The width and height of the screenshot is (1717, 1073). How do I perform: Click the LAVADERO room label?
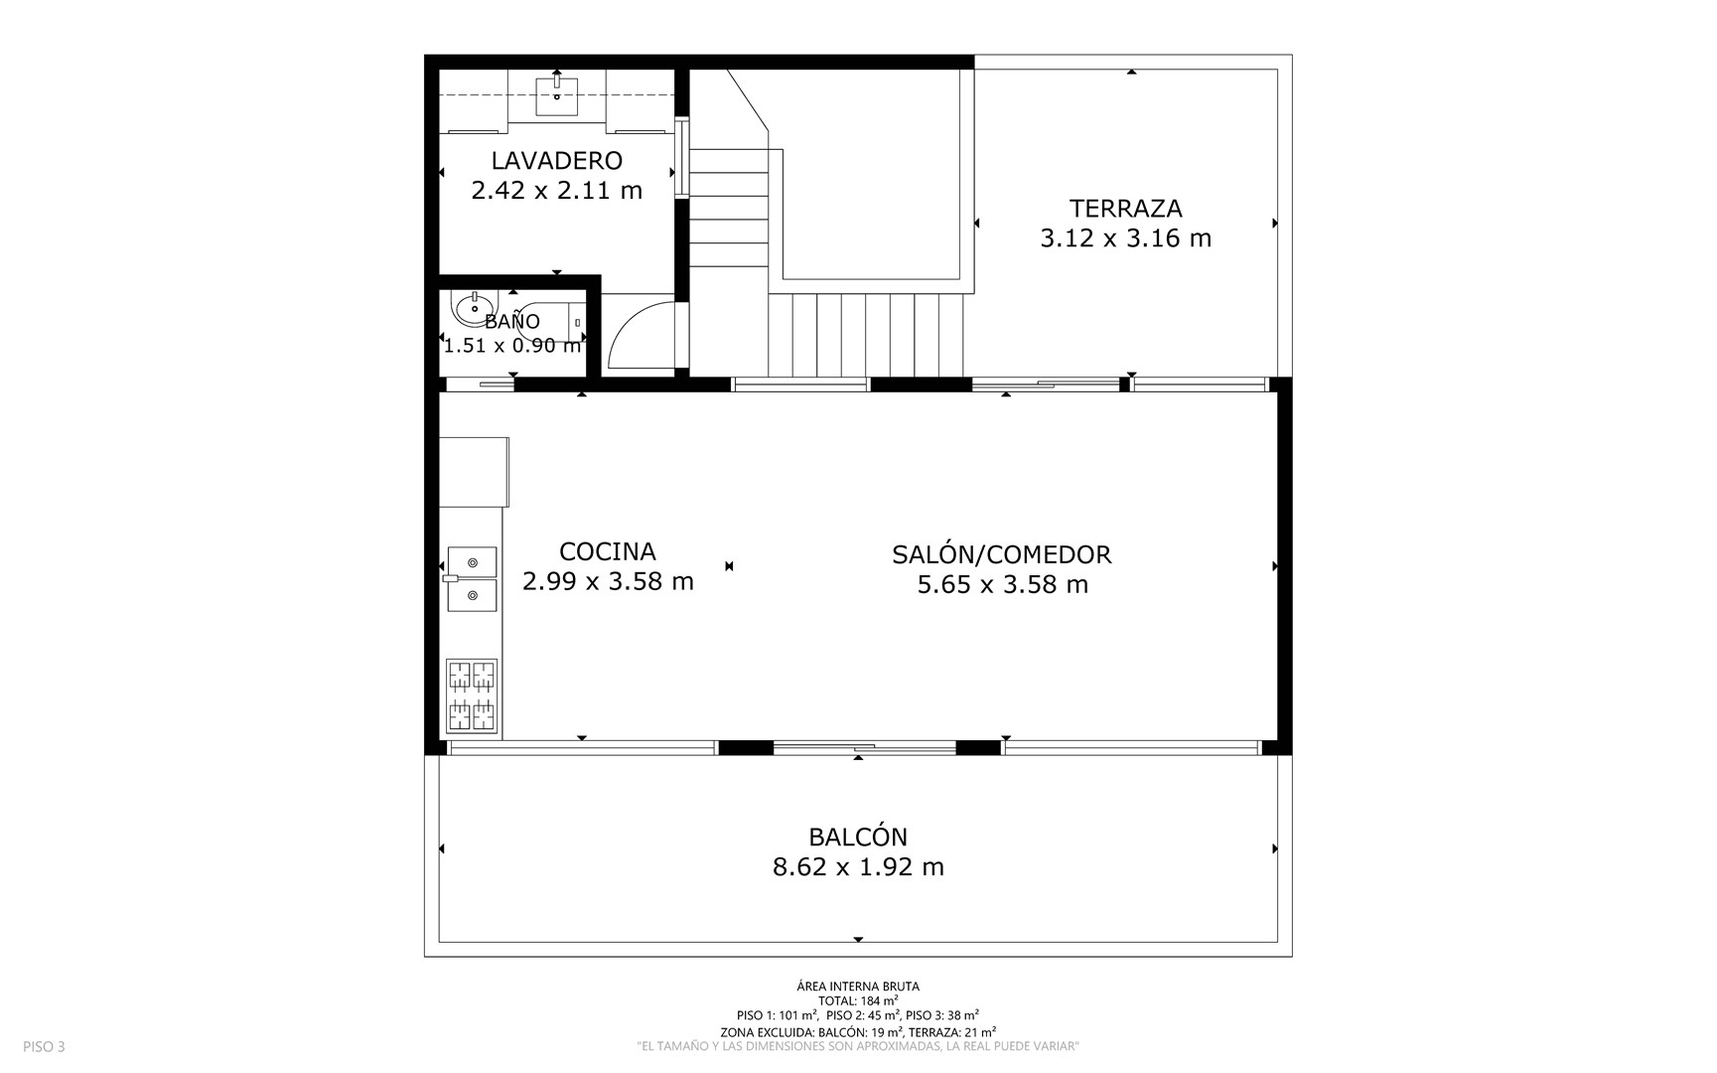(x=556, y=160)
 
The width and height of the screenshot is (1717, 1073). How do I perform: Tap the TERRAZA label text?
(x=1125, y=209)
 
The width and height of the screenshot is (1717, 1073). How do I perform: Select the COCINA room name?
(x=607, y=551)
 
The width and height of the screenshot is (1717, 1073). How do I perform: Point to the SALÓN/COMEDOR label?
(x=1001, y=554)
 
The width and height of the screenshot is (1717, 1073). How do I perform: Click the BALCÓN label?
(x=858, y=837)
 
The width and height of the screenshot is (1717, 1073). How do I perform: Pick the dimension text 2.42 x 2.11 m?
(x=556, y=190)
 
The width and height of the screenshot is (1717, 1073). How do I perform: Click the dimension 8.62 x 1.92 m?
(x=858, y=867)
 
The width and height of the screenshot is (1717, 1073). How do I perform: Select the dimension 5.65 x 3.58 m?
(x=1002, y=584)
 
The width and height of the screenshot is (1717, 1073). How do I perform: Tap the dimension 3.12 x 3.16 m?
(x=1125, y=238)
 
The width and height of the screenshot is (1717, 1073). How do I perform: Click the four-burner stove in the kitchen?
(x=472, y=695)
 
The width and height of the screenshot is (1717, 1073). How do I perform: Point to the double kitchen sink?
(x=472, y=578)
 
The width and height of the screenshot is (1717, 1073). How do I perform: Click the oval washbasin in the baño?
(x=473, y=309)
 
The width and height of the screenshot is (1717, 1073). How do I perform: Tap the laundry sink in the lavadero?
(x=557, y=95)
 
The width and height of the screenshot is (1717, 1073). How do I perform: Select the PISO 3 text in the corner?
(x=44, y=1046)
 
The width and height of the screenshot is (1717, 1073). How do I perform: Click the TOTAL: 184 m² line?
(x=858, y=1000)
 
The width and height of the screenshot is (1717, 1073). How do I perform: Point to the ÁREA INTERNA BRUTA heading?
(x=858, y=987)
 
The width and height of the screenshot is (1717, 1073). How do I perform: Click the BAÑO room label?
(x=512, y=321)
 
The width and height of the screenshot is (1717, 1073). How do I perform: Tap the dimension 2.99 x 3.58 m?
(x=608, y=581)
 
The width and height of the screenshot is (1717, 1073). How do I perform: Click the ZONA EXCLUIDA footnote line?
(x=858, y=1032)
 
